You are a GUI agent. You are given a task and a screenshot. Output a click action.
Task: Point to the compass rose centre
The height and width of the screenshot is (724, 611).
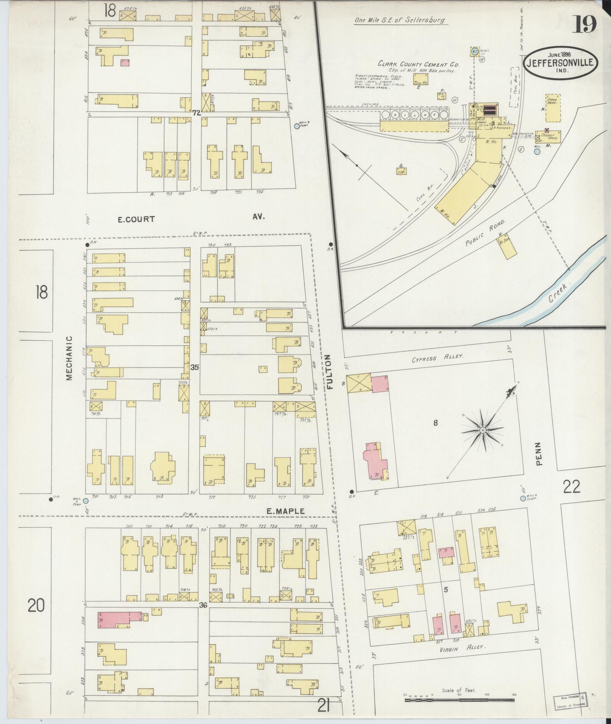click(x=483, y=431)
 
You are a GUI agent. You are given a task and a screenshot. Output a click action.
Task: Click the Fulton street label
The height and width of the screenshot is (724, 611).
click(x=329, y=372)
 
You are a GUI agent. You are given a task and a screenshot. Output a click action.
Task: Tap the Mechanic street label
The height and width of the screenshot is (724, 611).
click(x=69, y=358)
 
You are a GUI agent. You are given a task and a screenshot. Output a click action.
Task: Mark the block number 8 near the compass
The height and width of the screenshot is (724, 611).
click(x=436, y=423)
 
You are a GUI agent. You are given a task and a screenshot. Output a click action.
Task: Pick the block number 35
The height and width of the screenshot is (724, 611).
click(x=195, y=367)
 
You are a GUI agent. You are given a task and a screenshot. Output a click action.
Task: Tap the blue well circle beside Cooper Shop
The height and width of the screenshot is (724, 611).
click(x=537, y=152)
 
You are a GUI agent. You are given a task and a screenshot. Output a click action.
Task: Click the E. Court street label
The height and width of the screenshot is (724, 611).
click(x=136, y=219)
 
